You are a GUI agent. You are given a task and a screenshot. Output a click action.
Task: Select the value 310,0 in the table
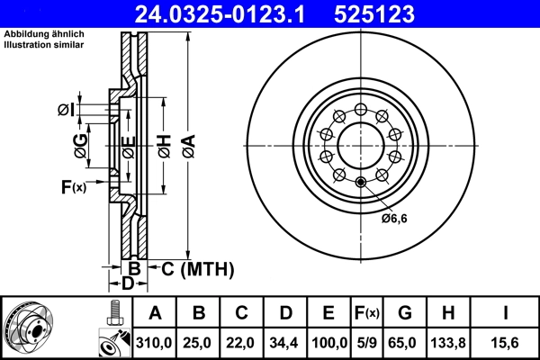(x=156, y=341)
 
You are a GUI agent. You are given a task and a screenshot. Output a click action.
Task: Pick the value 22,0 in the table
(x=242, y=341)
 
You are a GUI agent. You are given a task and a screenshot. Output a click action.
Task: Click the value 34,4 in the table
(x=285, y=341)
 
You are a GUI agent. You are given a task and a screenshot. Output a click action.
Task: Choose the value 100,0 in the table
(x=328, y=341)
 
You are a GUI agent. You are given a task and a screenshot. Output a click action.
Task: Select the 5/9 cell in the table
(x=366, y=341)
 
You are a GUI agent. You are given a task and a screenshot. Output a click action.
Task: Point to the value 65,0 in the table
(x=405, y=341)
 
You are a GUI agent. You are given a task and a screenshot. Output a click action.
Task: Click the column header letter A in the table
(x=156, y=313)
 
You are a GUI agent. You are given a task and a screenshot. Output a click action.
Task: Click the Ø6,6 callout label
(x=394, y=217)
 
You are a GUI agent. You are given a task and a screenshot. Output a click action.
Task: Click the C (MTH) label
(x=189, y=268)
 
